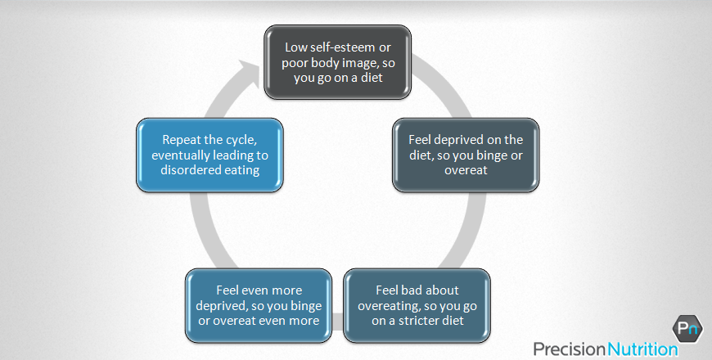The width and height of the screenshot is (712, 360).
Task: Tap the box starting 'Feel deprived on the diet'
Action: click(466, 155)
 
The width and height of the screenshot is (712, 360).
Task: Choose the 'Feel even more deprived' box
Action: click(258, 305)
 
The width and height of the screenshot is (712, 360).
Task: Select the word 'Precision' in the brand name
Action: click(570, 349)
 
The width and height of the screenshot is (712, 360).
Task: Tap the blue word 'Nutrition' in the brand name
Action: click(642, 349)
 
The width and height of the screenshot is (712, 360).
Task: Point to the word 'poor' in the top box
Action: click(296, 62)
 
